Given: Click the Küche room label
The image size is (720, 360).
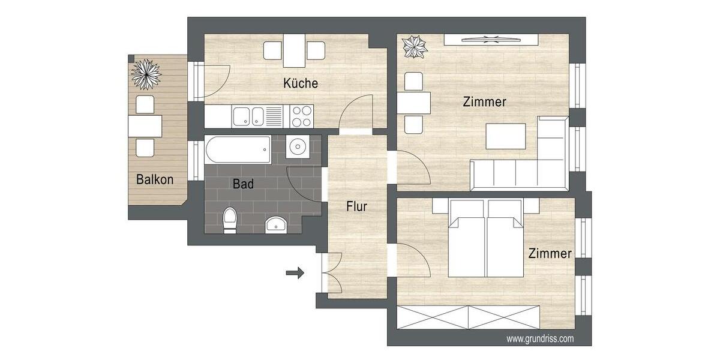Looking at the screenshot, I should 301,83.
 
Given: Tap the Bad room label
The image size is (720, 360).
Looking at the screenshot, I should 243,184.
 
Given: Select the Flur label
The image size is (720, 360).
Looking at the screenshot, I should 356,206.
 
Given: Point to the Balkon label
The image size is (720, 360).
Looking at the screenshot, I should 155,179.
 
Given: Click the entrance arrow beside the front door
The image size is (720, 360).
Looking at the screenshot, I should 295,274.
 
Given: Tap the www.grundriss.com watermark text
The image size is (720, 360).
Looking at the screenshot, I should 539,339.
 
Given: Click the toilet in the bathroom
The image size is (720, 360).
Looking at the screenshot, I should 229,220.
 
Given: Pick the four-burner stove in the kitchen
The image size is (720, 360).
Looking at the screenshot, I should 301,115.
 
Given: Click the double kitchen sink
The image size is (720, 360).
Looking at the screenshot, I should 248,116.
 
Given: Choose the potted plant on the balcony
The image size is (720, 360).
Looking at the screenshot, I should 146,73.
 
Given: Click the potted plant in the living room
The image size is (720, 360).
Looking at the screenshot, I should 413,47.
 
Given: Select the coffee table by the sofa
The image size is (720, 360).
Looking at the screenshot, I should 505,136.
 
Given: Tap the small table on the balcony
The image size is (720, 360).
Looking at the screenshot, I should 145,126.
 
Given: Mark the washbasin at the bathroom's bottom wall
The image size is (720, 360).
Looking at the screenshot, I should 275,224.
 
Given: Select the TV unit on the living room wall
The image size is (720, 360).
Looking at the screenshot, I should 490,40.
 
